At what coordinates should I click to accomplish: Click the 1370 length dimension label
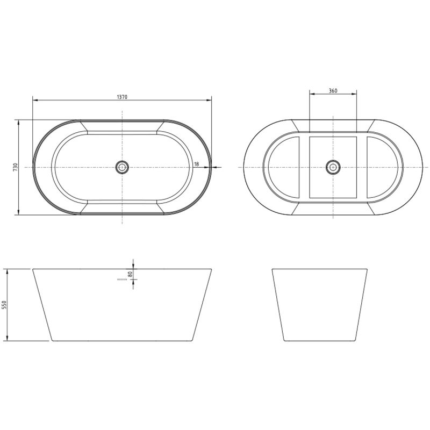[122, 97]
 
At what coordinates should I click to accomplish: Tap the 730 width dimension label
[15, 167]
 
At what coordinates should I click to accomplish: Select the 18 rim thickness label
[196, 164]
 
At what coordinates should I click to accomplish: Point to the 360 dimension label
[333, 91]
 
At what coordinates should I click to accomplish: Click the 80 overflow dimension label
[130, 274]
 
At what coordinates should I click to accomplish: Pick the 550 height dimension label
[4, 305]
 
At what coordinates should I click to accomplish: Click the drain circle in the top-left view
[122, 167]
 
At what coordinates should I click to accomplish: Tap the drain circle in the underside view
[333, 167]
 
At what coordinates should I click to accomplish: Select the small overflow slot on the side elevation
[122, 279]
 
